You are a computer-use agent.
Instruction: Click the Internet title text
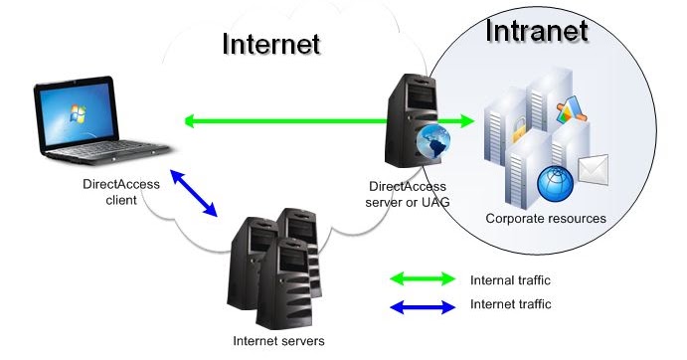tap(271, 44)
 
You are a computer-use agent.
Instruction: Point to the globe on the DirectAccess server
tap(431, 143)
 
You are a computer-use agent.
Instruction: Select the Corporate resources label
tap(546, 218)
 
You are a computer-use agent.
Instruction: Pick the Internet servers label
tap(278, 341)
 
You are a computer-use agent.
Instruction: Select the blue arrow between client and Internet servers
tap(194, 193)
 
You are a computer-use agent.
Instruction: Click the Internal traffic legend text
tap(510, 280)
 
